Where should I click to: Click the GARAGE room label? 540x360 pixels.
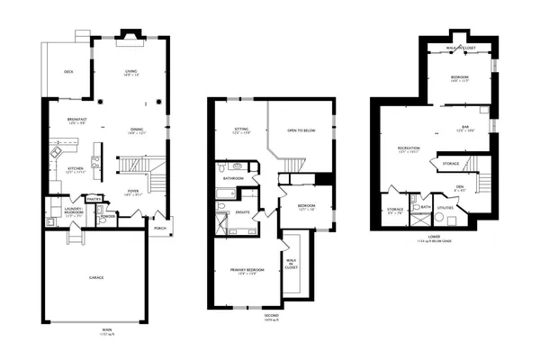[96, 277]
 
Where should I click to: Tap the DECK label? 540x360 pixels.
[68, 72]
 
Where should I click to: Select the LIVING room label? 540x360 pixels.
[131, 72]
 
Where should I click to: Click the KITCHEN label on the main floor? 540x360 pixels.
[75, 168]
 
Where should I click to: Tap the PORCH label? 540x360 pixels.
[159, 228]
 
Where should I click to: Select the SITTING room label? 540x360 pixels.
[240, 130]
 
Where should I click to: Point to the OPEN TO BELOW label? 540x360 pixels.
[300, 130]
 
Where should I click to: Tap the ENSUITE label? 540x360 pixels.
[243, 212]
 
